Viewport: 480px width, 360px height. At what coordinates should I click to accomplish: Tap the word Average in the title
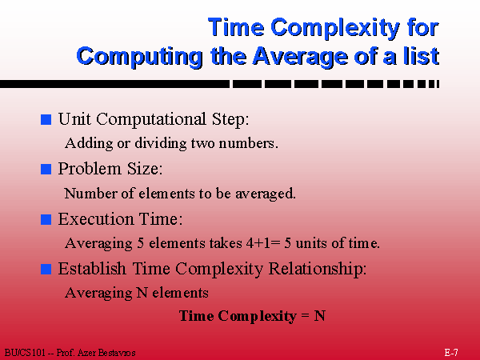pos(301,58)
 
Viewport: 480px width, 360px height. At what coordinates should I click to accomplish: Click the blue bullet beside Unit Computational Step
pos(46,119)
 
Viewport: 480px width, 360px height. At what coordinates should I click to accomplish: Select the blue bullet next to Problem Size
pos(46,170)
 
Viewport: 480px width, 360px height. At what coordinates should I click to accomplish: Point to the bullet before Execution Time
pos(46,219)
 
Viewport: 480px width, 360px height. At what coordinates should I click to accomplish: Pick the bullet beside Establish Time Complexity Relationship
pos(46,269)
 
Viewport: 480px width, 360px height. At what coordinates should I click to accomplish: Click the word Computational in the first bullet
pos(151,119)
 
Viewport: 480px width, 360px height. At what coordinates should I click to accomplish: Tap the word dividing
pos(161,143)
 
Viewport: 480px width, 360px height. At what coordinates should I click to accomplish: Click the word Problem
pos(90,169)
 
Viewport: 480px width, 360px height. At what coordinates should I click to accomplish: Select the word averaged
pos(266,194)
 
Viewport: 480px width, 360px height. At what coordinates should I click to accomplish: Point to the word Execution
pos(96,219)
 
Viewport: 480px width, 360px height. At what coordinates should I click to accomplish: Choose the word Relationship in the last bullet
pos(318,269)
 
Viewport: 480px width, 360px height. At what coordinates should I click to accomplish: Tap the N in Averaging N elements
pos(142,293)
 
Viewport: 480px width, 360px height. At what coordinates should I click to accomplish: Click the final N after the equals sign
pos(319,316)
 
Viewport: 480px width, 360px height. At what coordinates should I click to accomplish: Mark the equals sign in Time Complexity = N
pos(306,316)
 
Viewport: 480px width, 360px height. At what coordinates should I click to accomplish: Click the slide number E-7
pos(451,352)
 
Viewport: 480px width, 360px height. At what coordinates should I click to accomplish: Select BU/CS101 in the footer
pos(25,353)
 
